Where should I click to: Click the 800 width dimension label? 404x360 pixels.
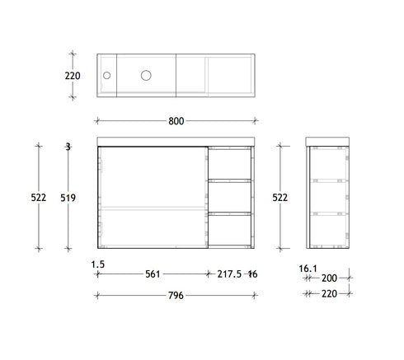tap(176, 122)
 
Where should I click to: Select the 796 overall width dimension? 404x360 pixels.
tap(176, 297)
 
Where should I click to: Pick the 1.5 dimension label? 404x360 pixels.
tap(97, 264)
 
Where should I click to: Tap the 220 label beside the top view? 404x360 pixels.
tap(73, 75)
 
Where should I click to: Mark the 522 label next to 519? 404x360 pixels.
tap(39, 198)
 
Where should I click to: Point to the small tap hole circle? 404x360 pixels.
tap(106, 75)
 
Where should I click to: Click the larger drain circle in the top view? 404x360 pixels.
tap(146, 75)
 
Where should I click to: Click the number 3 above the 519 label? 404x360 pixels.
tap(68, 147)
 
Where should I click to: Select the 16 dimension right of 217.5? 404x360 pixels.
tap(252, 274)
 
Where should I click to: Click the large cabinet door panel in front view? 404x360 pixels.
tap(152, 198)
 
